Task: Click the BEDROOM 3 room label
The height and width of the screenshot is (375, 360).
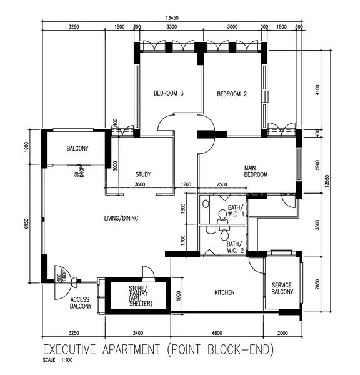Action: click(x=168, y=94)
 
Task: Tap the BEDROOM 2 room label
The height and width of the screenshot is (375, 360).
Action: click(x=232, y=94)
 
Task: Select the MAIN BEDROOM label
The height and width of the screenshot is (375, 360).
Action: click(x=255, y=171)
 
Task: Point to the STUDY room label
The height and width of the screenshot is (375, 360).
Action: click(x=143, y=174)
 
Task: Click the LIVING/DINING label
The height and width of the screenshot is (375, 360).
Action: click(x=121, y=218)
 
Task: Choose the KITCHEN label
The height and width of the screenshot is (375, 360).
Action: click(x=224, y=292)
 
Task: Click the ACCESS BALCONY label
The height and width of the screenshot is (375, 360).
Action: click(x=80, y=302)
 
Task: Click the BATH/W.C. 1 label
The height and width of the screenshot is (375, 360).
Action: click(x=236, y=211)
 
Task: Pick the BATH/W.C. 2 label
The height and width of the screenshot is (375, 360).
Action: click(x=236, y=247)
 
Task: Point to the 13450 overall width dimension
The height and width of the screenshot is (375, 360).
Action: click(x=171, y=18)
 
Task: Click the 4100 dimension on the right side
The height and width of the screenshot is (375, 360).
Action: click(x=317, y=89)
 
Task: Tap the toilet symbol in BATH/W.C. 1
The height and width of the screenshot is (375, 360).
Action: click(x=221, y=216)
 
